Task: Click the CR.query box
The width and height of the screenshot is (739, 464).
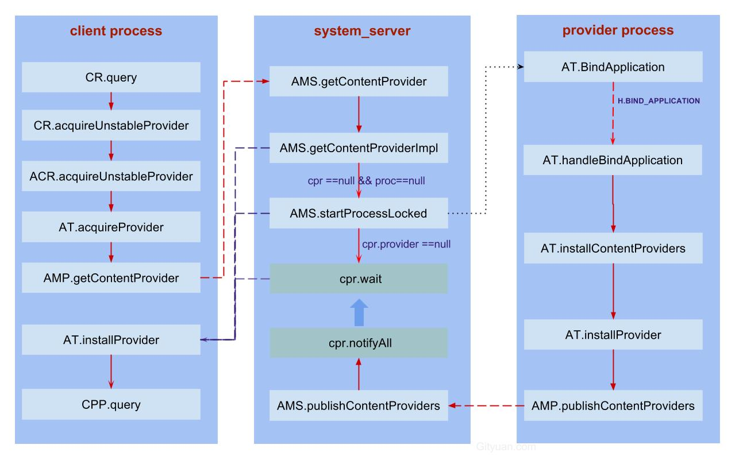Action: (x=111, y=78)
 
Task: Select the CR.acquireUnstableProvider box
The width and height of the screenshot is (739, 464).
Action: (x=111, y=125)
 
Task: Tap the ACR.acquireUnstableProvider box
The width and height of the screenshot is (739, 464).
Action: (x=111, y=176)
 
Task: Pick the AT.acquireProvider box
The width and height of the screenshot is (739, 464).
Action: (x=111, y=227)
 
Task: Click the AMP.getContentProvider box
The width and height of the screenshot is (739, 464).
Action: (x=111, y=278)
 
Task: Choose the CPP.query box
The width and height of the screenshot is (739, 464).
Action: (x=111, y=404)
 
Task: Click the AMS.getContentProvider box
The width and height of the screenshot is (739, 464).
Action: (x=359, y=81)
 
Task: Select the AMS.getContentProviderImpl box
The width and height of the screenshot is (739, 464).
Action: (x=359, y=148)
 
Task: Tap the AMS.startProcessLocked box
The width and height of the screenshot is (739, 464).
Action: (x=359, y=213)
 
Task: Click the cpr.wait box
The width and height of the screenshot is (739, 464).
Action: (x=359, y=279)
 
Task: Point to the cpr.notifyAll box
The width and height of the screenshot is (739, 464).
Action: (x=359, y=343)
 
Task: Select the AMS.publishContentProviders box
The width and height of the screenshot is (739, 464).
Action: (x=359, y=405)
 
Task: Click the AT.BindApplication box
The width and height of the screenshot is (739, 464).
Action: (x=613, y=67)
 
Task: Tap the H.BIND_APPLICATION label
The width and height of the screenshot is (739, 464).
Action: (x=658, y=100)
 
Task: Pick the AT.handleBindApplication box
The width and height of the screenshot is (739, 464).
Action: (x=613, y=160)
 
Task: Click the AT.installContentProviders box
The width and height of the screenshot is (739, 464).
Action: (x=613, y=248)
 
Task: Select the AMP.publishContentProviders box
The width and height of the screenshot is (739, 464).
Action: (x=613, y=405)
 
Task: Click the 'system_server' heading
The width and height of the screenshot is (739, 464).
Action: (x=362, y=30)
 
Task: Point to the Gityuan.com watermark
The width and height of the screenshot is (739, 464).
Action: (x=506, y=446)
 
